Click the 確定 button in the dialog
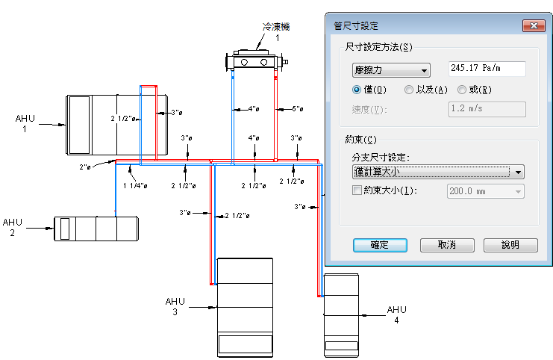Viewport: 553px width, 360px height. (379, 245)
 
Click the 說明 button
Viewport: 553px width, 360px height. (510, 245)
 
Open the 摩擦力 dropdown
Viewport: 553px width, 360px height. (390, 70)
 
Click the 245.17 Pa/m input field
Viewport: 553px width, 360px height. (486, 69)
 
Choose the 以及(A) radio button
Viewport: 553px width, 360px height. (408, 90)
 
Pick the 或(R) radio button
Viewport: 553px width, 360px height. (463, 90)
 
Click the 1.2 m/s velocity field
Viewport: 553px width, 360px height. (486, 109)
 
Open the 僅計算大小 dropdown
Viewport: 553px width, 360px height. (437, 172)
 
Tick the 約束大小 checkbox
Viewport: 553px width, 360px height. (356, 190)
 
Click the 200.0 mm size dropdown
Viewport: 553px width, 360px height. (484, 191)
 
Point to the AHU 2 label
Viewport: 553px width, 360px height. (13, 227)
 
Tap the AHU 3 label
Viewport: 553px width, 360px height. (175, 306)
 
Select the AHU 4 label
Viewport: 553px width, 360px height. (396, 314)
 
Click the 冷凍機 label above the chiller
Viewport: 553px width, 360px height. (275, 26)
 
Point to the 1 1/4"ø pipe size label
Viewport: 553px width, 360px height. (134, 184)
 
